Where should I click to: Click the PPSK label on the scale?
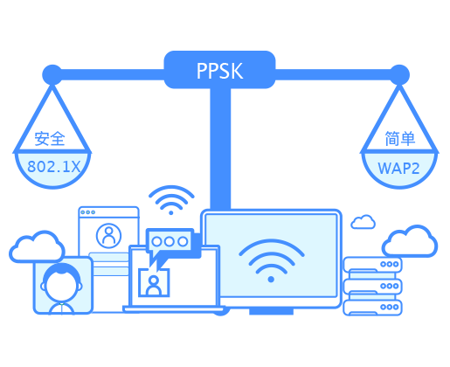coord(219,71)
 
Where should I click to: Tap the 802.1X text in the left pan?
coord(53,167)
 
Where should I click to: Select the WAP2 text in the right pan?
coord(398,169)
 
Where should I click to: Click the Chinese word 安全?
coord(50,139)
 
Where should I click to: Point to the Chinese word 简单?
coord(399,139)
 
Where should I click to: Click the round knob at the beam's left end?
coord(52,75)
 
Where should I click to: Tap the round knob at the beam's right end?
coord(399,75)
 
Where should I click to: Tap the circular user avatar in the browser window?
coord(108,236)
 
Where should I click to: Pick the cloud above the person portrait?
coord(37,247)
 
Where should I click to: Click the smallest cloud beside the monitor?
coord(363,222)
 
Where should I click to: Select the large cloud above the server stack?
coord(410,241)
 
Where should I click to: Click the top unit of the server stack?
coord(372,265)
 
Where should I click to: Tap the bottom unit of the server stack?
coord(372,308)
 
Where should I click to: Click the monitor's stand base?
coord(271,311)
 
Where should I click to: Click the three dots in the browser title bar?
coord(88,212)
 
